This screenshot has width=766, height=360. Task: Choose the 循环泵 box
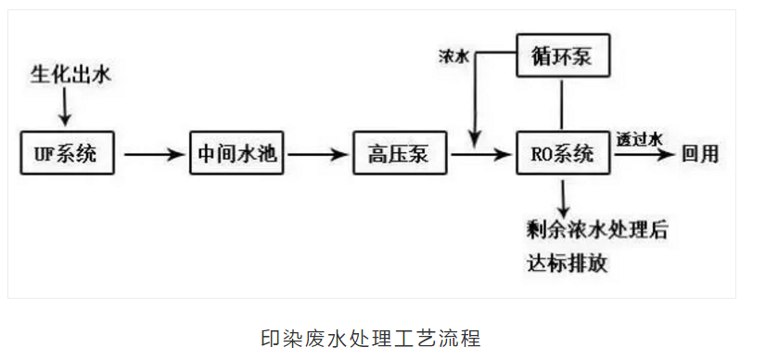coord(564,56)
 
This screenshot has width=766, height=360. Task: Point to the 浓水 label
coord(453,56)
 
